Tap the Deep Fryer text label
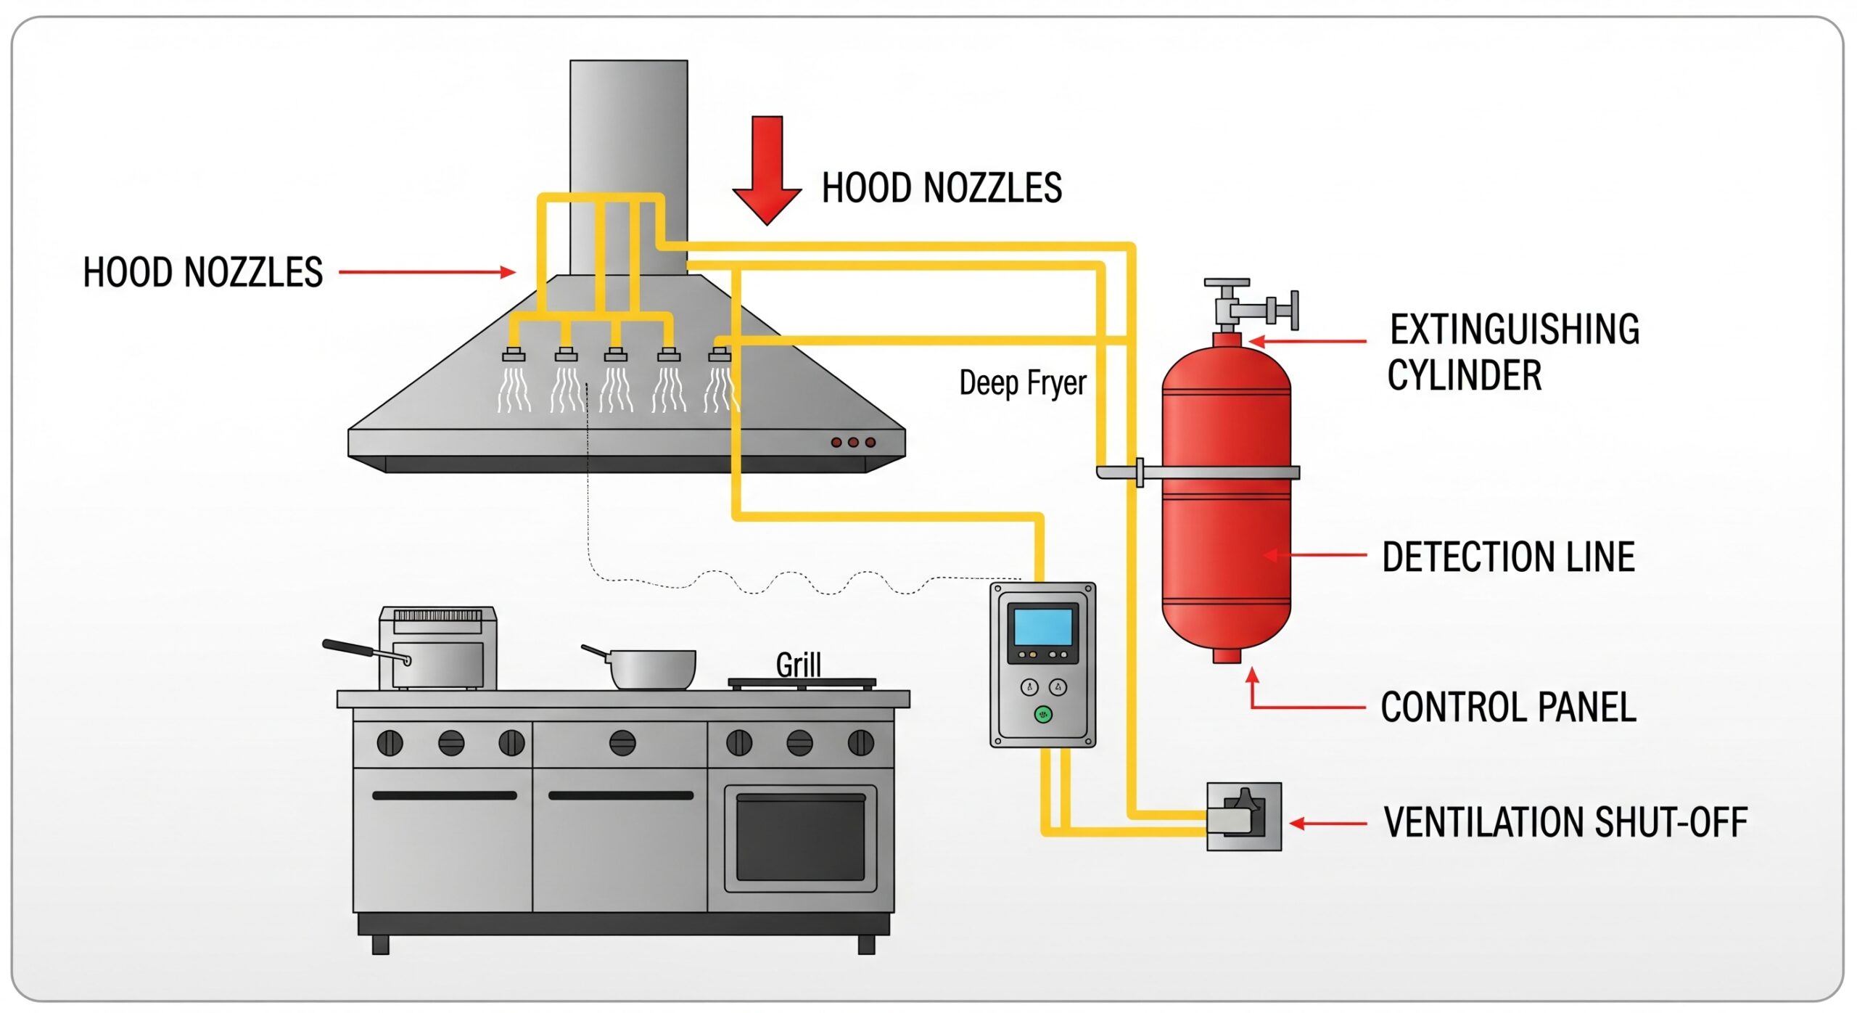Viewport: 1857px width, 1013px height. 1022,383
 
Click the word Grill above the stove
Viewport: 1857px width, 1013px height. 798,665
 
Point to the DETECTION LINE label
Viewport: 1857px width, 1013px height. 1508,557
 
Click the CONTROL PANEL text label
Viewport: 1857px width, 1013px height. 1508,708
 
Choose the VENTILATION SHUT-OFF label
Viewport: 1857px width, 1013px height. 1565,823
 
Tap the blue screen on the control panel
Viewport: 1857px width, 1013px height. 1043,626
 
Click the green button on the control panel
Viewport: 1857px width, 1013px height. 1043,715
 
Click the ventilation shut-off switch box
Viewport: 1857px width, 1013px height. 1243,816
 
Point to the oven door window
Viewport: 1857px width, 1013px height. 800,837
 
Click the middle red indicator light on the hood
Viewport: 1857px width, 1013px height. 853,442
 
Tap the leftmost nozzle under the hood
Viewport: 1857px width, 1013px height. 514,355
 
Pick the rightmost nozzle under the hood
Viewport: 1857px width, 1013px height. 720,355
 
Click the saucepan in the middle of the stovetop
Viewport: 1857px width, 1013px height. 651,668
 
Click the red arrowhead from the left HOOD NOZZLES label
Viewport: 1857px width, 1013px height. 508,272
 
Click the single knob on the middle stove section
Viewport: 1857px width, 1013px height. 622,743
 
